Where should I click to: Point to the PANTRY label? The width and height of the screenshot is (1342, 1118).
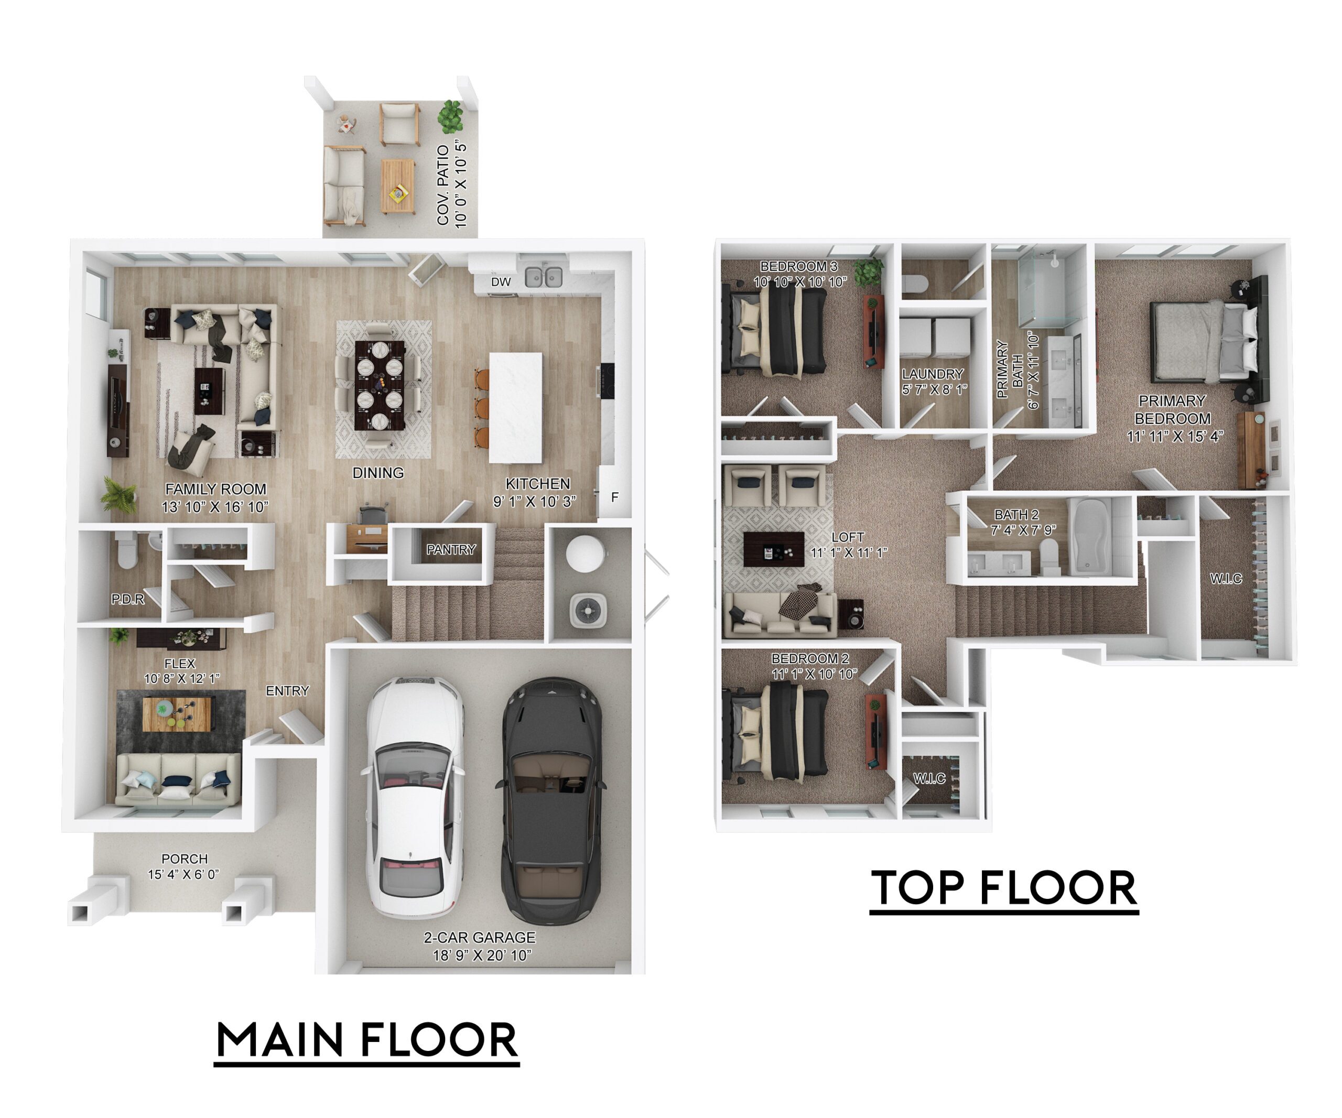pyautogui.click(x=451, y=549)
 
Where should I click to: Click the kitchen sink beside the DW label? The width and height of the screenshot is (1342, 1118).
pyautogui.click(x=544, y=277)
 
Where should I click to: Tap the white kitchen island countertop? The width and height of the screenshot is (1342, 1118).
pyautogui.click(x=516, y=408)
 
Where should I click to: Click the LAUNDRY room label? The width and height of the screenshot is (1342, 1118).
pyautogui.click(x=933, y=374)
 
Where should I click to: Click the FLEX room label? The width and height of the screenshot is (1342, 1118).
pyautogui.click(x=180, y=663)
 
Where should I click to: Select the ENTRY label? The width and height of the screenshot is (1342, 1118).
pyautogui.click(x=288, y=691)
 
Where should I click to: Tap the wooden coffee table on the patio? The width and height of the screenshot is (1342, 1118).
pyautogui.click(x=398, y=186)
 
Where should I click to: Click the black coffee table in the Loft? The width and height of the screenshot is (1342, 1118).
pyautogui.click(x=774, y=549)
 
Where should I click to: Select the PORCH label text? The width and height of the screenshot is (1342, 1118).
pyautogui.click(x=185, y=859)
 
